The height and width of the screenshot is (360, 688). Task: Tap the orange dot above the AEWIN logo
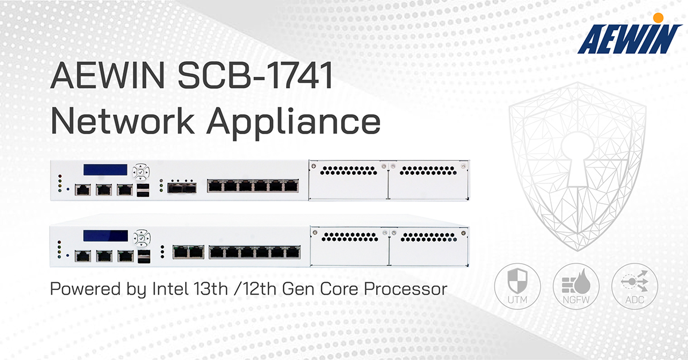point(658,18)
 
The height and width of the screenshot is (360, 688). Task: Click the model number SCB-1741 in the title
point(256,76)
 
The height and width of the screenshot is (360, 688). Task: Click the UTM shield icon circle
point(518,286)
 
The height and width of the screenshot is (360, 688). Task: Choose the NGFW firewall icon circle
point(576,286)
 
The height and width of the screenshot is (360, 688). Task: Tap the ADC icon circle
point(635,286)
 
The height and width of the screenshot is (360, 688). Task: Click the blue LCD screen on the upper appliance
point(105,170)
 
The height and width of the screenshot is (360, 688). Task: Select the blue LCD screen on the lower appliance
point(105,236)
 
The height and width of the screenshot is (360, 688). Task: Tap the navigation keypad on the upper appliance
point(141,172)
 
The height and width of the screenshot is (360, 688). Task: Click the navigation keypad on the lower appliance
point(142,238)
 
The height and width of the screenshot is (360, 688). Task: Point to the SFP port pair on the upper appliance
point(182,187)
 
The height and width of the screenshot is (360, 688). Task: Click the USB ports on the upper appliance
point(143,190)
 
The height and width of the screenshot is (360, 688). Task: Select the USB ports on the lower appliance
point(144,256)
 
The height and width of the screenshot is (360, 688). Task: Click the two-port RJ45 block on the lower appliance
point(188,252)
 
